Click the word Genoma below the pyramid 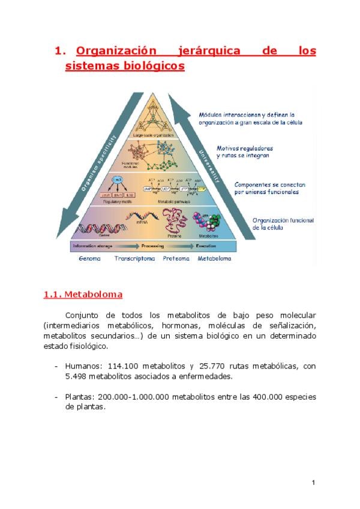(89, 259)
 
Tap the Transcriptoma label (134, 259)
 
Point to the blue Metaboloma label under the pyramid (214, 259)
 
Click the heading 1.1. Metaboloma (83, 295)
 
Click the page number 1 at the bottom (313, 483)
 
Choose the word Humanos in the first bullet (83, 366)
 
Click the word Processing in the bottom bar (153, 247)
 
